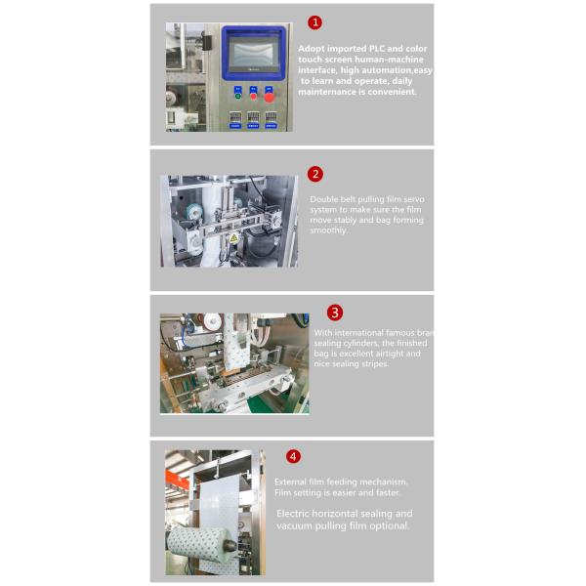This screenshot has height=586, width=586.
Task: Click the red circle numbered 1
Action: (314, 22)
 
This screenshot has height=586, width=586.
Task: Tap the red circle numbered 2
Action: (314, 174)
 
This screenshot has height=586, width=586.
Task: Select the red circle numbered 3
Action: (335, 313)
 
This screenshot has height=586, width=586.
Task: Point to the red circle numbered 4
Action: (293, 456)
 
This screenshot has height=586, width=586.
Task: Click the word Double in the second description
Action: (326, 199)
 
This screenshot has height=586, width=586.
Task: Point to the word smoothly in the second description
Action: (328, 231)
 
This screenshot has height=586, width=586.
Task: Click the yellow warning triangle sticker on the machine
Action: (233, 237)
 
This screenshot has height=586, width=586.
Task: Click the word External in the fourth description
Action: (292, 482)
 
